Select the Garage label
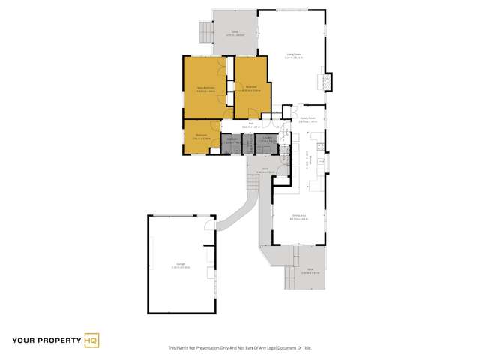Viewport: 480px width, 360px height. point(180,265)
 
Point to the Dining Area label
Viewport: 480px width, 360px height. point(299,217)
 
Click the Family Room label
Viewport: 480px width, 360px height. point(307,118)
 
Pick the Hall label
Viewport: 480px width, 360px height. point(251,124)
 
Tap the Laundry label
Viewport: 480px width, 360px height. point(268,139)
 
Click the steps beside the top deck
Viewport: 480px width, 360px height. point(205,32)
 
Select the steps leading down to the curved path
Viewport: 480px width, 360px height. point(253,181)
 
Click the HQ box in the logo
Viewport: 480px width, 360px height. point(92,340)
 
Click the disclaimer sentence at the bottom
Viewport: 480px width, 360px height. point(239,348)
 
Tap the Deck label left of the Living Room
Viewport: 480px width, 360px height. point(235,34)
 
